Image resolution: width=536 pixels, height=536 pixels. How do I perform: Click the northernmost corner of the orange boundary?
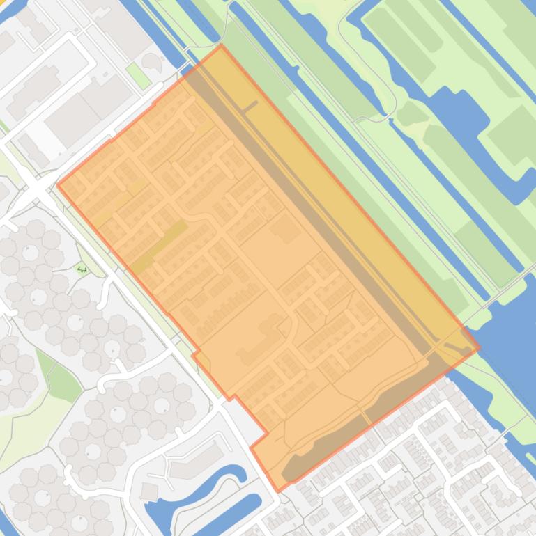pyautogui.click(x=221, y=46)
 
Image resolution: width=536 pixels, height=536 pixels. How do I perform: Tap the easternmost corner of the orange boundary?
pyautogui.click(x=479, y=348)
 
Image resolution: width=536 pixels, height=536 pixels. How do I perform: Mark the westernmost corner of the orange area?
pyautogui.click(x=57, y=185)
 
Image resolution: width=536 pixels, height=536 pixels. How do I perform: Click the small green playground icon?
pyautogui.click(x=82, y=269)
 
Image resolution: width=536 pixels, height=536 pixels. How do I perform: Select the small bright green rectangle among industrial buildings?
pyautogui.click(x=139, y=76)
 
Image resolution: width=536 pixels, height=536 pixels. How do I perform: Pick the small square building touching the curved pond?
pyautogui.click(x=150, y=491)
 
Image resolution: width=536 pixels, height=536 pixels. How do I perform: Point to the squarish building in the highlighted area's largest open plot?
pyautogui.click(x=284, y=228)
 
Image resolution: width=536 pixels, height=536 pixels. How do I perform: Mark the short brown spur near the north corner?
pyautogui.click(x=250, y=107)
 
